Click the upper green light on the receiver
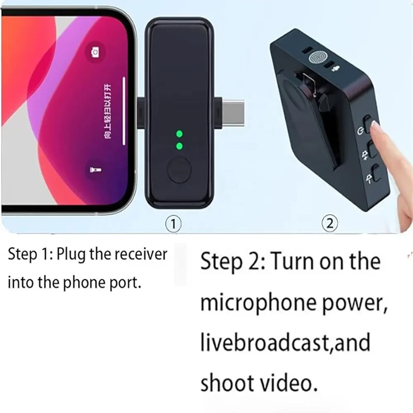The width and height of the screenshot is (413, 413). pyautogui.click(x=179, y=134)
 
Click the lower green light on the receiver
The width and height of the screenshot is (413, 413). pyautogui.click(x=179, y=146)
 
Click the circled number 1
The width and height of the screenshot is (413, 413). pyautogui.click(x=174, y=223)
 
